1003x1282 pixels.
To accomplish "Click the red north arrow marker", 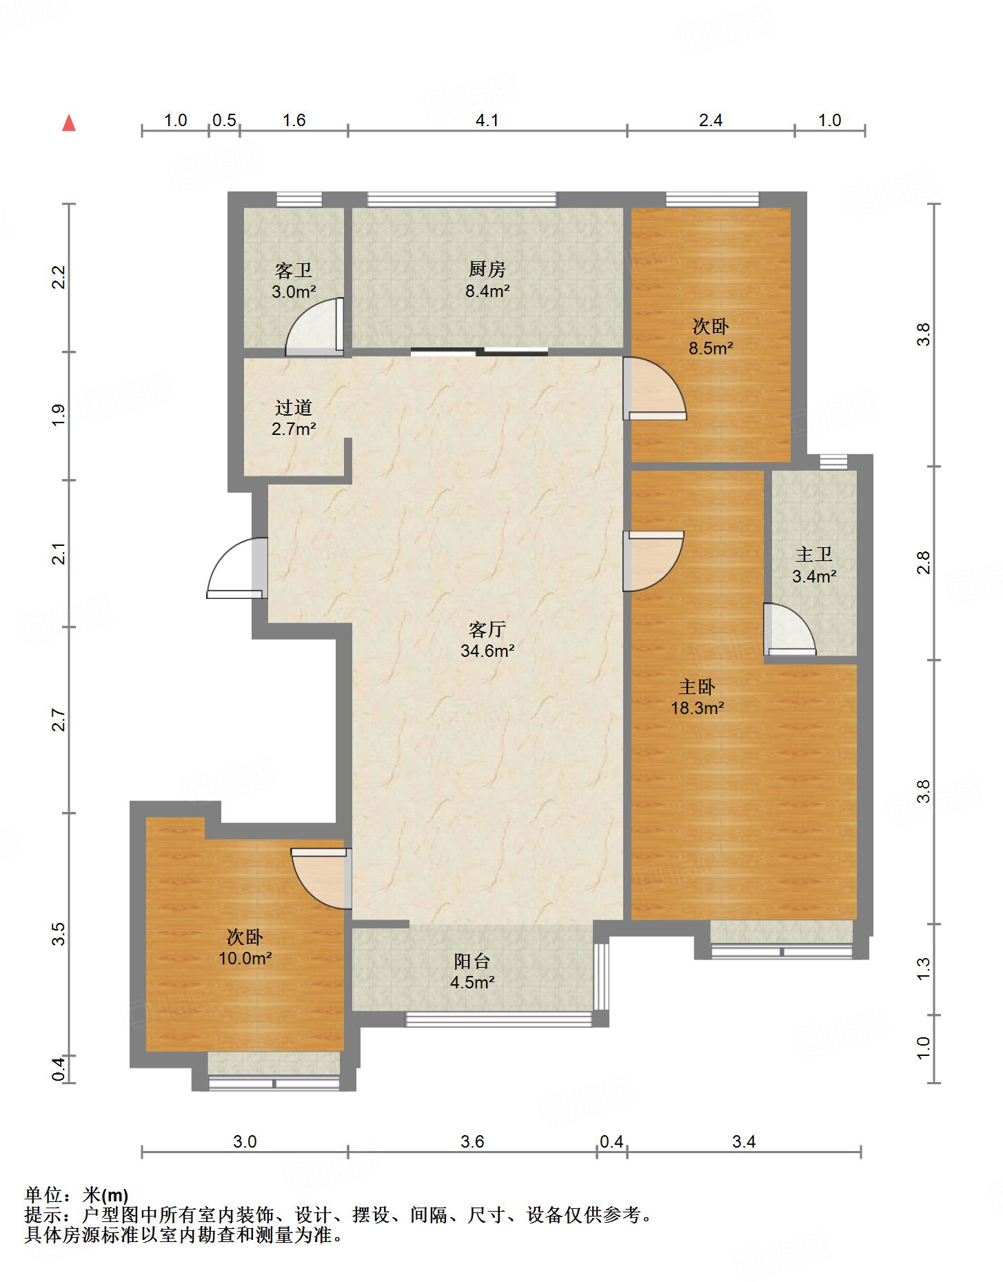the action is pyautogui.click(x=69, y=123).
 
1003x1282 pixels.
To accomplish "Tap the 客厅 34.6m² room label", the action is pyautogui.click(x=487, y=640).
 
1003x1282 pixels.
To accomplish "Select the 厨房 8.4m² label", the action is pyautogui.click(x=487, y=280).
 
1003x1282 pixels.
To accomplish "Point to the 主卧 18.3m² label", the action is pyautogui.click(x=697, y=697).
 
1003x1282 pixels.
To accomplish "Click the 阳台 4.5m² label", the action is pyautogui.click(x=472, y=972).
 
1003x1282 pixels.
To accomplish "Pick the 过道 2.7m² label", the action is pyautogui.click(x=294, y=418).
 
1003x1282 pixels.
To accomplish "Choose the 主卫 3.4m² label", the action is pyautogui.click(x=814, y=565).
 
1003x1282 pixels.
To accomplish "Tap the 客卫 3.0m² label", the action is pyautogui.click(x=294, y=281).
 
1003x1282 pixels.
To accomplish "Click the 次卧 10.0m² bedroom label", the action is pyautogui.click(x=245, y=948).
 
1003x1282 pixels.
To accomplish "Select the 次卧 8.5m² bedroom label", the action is pyautogui.click(x=711, y=336).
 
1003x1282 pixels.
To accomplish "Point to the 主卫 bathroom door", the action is pyautogui.click(x=790, y=629).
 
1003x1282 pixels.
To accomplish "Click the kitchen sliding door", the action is pyautogui.click(x=480, y=352).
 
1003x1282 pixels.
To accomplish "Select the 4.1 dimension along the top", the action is pyautogui.click(x=487, y=121).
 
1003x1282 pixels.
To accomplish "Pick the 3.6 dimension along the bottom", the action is pyautogui.click(x=472, y=1142).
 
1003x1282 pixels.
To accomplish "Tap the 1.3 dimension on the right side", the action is pyautogui.click(x=924, y=968).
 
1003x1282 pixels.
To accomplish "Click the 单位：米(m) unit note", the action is pyautogui.click(x=77, y=1195).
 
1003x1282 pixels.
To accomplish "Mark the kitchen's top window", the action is pyautogui.click(x=461, y=199).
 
